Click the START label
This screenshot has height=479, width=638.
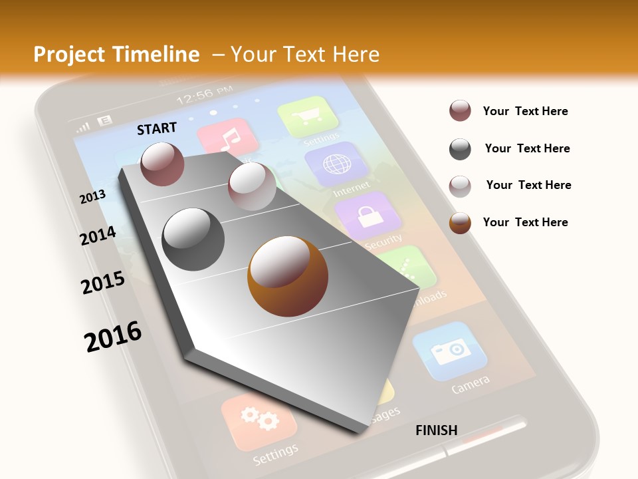tap(157, 128)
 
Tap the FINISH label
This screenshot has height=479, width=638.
tap(436, 430)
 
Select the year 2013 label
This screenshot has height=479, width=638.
tap(92, 197)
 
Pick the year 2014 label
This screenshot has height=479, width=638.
tap(98, 236)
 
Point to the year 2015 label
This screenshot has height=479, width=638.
tap(103, 283)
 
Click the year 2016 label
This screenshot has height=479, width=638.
tap(113, 336)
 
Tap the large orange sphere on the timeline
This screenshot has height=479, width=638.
tap(288, 276)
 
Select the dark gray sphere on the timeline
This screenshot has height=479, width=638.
tap(193, 239)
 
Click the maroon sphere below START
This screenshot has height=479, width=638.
tap(162, 164)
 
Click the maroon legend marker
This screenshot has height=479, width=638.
tap(460, 111)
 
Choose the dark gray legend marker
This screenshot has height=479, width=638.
tap(460, 149)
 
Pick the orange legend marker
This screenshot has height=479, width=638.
tap(460, 223)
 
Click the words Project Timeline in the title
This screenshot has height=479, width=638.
tap(116, 55)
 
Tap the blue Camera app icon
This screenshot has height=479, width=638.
tap(450, 351)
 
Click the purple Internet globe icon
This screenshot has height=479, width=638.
tap(332, 164)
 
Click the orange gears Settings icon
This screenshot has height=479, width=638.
tap(259, 420)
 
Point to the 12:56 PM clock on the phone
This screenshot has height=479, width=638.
tap(205, 96)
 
